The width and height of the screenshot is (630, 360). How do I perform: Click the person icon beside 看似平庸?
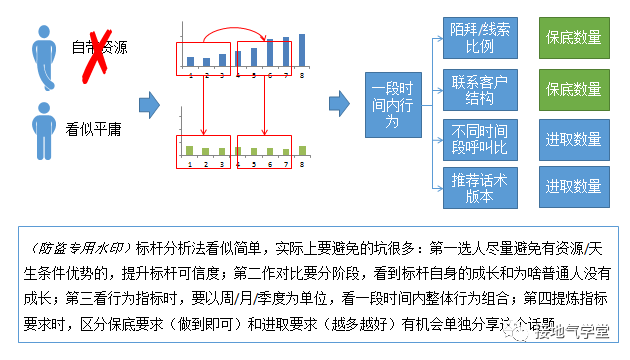click(40, 127)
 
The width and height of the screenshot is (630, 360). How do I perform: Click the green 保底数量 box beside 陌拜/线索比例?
click(573, 38)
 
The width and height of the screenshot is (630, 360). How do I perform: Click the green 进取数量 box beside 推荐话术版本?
click(573, 187)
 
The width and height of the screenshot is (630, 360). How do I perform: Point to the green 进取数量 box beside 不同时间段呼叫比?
click(573, 137)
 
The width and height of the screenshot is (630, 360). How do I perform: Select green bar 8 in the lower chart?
click(301, 150)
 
